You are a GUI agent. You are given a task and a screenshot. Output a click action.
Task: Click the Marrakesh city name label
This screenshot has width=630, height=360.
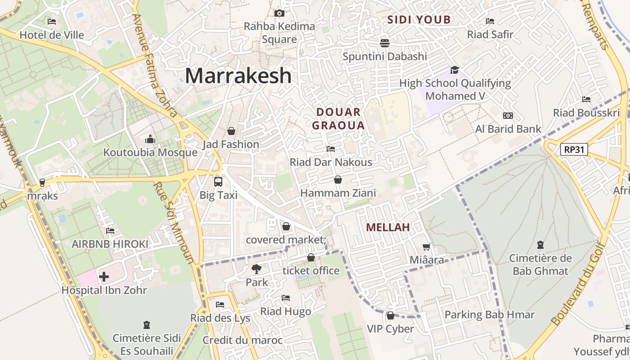(x=238, y=76)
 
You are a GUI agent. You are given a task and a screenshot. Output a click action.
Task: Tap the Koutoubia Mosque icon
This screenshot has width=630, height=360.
(x=150, y=139)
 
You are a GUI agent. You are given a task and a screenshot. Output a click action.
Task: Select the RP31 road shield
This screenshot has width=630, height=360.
(x=574, y=149)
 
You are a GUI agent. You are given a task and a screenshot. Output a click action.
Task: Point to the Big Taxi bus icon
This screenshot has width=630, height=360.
(x=218, y=182)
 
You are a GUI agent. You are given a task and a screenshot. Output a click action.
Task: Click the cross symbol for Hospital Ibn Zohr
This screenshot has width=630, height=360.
(x=104, y=276)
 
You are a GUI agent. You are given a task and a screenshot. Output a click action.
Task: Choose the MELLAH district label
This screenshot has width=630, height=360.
(x=388, y=228)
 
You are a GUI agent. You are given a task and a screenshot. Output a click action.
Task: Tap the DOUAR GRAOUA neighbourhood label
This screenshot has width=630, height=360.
(x=338, y=119)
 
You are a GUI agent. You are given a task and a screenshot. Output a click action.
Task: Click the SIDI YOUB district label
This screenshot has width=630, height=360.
(x=419, y=20)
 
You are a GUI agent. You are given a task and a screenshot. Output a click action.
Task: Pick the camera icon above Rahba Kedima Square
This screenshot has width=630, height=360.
(x=279, y=13)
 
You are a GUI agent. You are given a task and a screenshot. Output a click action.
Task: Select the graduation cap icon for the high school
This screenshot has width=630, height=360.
(x=454, y=70)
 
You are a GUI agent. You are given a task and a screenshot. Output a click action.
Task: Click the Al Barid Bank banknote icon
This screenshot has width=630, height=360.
(x=508, y=116)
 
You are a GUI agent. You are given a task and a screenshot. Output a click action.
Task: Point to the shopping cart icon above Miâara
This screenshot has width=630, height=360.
(x=426, y=247)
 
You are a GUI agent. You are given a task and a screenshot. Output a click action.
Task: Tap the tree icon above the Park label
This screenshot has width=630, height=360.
(x=256, y=269)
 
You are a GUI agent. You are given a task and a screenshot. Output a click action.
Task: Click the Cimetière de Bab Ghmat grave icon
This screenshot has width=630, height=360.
(x=540, y=245)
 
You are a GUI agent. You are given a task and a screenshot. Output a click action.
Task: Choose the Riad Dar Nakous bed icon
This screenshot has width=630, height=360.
(x=331, y=148)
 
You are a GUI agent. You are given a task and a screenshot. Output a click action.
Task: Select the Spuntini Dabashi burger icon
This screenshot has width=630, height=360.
(x=384, y=43)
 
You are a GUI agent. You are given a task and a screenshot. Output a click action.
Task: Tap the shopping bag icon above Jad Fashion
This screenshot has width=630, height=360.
(x=231, y=131)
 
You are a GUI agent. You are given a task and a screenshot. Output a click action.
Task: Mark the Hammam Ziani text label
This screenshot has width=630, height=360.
(x=338, y=193)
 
